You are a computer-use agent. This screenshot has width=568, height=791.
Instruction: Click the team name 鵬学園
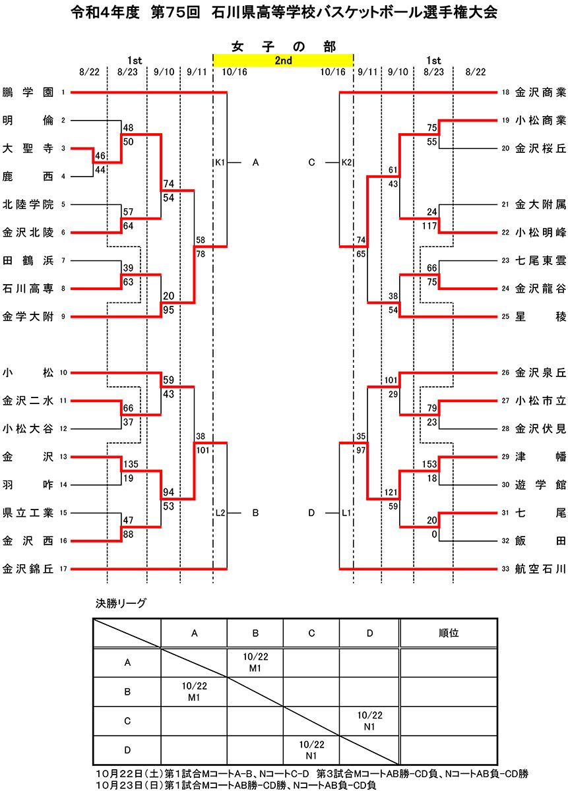coord(28,92)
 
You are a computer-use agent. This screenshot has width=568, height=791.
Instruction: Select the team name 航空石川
coord(540,568)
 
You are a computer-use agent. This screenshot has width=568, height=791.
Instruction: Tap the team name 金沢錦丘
coord(28,568)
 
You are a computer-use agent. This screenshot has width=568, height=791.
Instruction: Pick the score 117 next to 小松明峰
coord(429,225)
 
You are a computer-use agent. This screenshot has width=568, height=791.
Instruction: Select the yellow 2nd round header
coord(283,60)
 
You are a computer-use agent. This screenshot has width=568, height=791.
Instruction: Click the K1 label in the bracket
coord(220,162)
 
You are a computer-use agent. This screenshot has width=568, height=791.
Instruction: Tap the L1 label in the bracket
coord(347,512)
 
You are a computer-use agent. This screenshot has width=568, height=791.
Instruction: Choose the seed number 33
coord(505,568)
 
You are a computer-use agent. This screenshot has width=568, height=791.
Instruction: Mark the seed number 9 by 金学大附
coord(63,316)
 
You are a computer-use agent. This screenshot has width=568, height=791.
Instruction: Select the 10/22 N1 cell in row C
coord(369,720)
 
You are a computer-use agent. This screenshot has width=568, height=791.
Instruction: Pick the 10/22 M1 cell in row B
coord(194,691)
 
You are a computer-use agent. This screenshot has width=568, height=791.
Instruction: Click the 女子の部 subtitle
coord(284,46)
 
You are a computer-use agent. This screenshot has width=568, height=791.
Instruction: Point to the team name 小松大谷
coord(28,428)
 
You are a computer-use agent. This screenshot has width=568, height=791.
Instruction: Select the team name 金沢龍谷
coord(540,288)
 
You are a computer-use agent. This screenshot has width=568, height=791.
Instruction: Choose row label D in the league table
coord(127,749)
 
